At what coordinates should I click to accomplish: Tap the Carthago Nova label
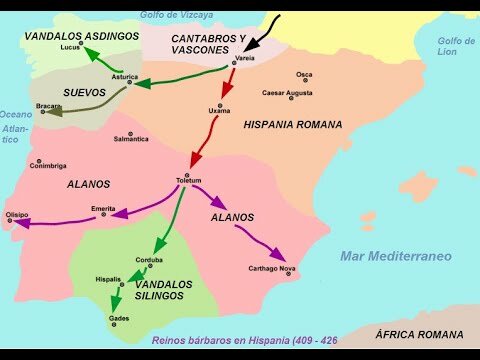pos(272,268)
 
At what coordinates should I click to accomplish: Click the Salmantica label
pos(130,138)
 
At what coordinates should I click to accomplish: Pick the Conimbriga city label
pos(47,165)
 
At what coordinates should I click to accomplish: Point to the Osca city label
pos(304,74)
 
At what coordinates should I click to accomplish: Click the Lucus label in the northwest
pos(70,47)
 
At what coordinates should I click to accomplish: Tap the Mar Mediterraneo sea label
pos(395,256)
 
